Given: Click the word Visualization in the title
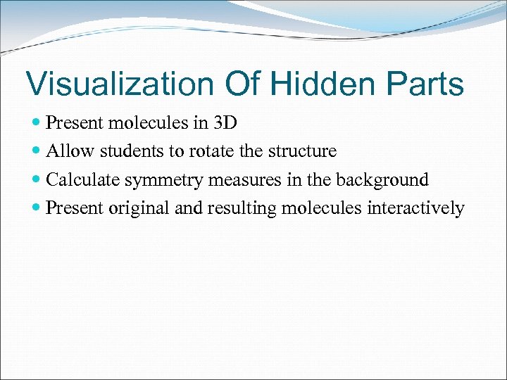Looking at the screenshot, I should click(119, 84).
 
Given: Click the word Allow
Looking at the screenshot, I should click(70, 151).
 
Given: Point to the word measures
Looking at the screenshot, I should click(247, 180).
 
